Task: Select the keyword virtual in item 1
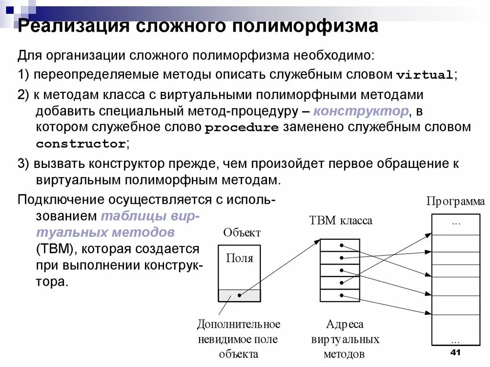424,75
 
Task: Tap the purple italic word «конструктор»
361,111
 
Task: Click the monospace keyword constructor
81,144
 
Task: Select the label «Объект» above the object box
242,233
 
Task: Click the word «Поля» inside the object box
239,258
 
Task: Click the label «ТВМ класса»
341,221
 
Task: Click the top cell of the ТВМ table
340,245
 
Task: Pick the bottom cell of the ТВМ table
340,295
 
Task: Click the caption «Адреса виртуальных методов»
345,339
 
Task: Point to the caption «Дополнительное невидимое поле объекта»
238,339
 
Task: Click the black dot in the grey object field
240,295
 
